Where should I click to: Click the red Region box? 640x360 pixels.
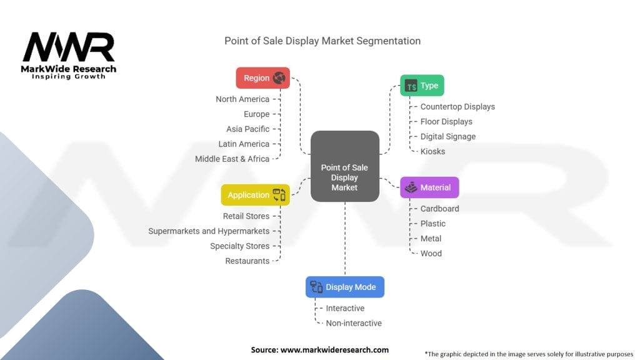262,78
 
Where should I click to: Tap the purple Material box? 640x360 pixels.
429,187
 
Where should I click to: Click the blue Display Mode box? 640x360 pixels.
344,287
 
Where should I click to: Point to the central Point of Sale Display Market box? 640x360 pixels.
344,177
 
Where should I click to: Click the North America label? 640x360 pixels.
242,99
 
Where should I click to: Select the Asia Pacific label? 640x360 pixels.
248,129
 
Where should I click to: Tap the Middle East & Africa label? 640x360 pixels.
232,159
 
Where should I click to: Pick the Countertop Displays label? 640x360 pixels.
457,107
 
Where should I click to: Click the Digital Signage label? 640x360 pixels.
447,136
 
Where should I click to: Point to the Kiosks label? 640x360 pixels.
432,151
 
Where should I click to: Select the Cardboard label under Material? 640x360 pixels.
439,209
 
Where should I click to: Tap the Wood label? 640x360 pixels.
431,253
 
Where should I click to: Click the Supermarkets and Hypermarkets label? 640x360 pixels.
209,231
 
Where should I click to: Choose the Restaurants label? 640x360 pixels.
247,261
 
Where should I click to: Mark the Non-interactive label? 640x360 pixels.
354,323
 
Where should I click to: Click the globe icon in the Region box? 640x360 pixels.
279,78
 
